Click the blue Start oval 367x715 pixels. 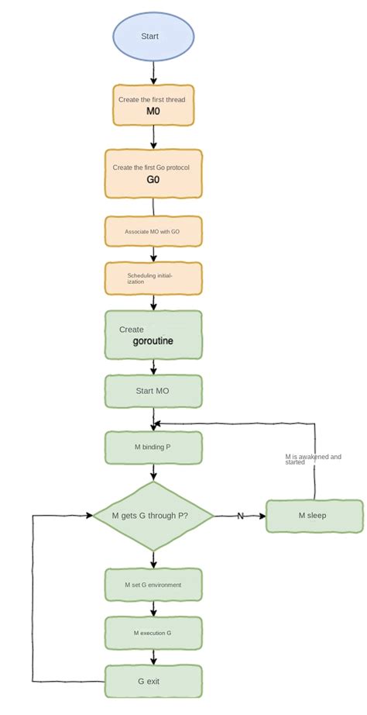[153, 36]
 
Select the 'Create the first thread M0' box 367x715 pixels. [153, 105]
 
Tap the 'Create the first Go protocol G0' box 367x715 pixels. [153, 173]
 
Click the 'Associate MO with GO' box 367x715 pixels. [153, 231]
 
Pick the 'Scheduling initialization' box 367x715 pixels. [153, 278]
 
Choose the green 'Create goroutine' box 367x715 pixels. [153, 334]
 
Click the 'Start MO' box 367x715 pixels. [153, 391]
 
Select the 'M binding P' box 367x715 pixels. [153, 447]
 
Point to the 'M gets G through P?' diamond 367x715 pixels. [153, 516]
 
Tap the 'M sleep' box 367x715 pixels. [314, 516]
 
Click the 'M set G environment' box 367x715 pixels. [153, 584]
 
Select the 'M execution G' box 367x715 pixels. [153, 633]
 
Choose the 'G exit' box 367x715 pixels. [153, 682]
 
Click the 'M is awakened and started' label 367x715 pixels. [313, 459]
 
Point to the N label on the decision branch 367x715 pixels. [240, 516]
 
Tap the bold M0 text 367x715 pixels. [153, 112]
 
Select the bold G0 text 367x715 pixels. [153, 180]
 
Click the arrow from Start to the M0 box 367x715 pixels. [153, 72]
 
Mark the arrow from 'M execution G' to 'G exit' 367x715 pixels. [153, 657]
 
